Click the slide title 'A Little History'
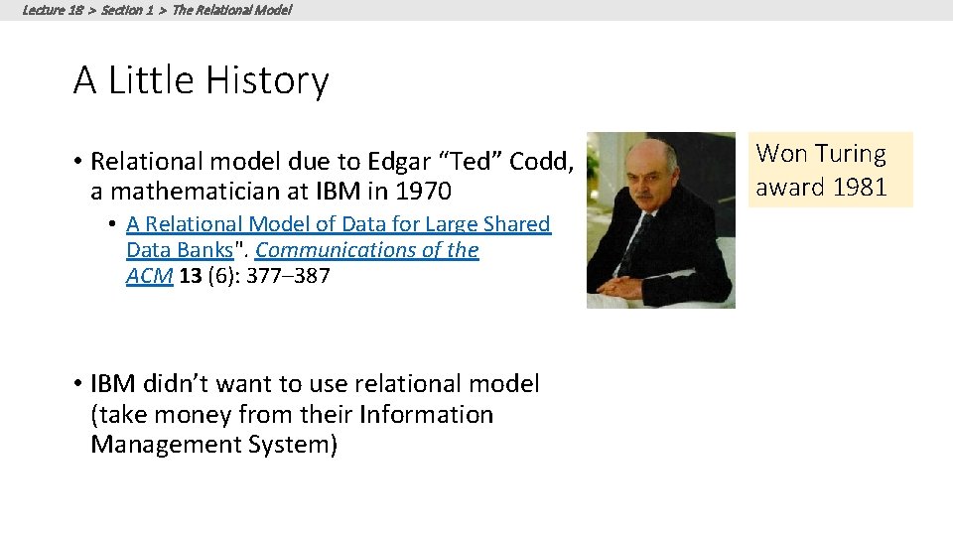coord(201,80)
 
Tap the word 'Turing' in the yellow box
coord(850,154)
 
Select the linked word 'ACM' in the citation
coord(150,276)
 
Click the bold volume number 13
coord(191,276)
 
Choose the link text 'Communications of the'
coord(366,250)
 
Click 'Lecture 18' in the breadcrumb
coord(52,10)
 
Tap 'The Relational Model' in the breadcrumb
coord(231,10)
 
